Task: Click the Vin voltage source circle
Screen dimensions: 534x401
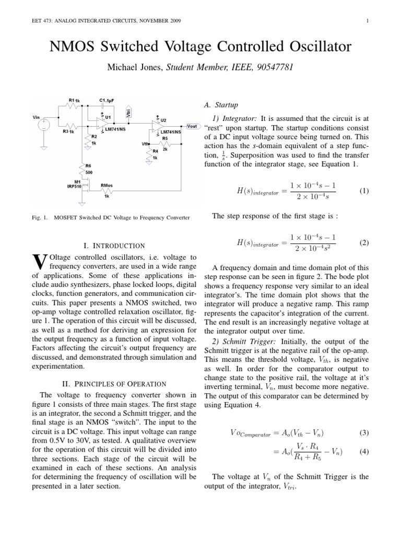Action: (44, 125)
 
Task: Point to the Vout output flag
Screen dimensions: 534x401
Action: (192, 126)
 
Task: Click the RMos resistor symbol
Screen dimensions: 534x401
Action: (108, 190)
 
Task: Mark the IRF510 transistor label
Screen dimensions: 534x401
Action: (74, 186)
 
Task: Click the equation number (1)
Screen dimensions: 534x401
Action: (364, 191)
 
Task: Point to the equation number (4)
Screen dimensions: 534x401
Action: (364, 452)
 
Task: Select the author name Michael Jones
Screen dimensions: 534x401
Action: (133, 68)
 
